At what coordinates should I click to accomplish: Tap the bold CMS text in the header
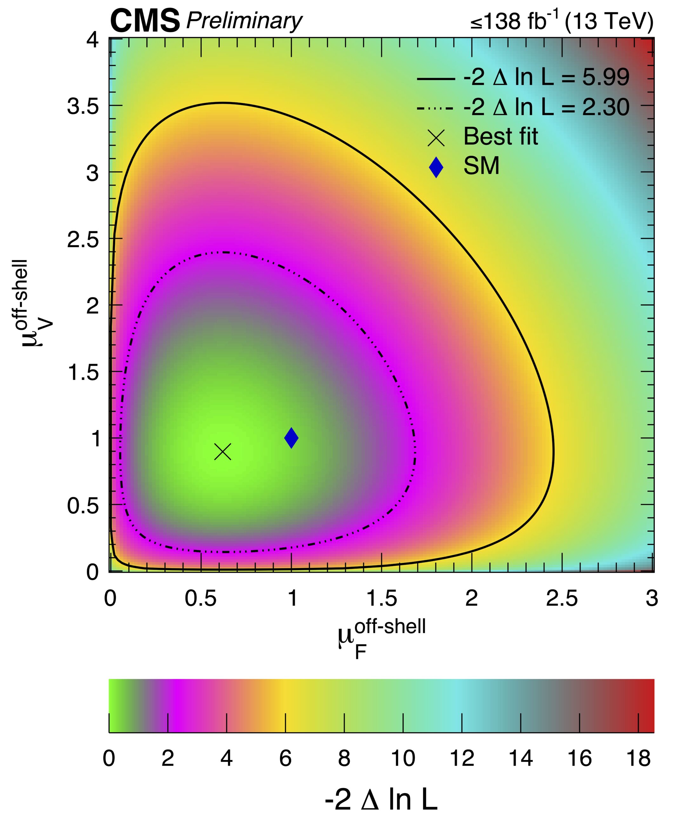point(145,22)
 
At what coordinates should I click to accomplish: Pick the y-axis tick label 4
point(92,40)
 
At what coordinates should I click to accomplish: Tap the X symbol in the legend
point(436,138)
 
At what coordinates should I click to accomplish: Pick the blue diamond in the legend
point(436,167)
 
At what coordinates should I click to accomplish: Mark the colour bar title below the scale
point(381,797)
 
